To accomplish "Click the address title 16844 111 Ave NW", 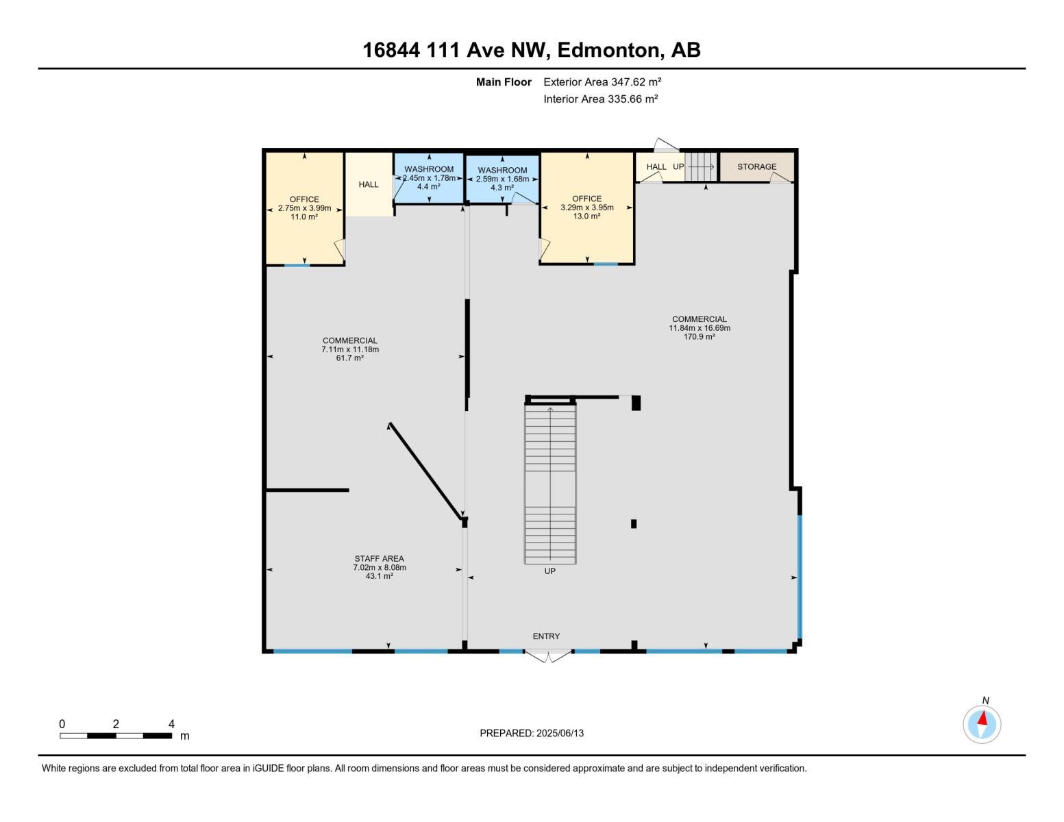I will (x=531, y=50).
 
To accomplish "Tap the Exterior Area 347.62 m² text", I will (x=602, y=82).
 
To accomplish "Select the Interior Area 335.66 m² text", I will (x=600, y=99).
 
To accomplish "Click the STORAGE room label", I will (x=756, y=166).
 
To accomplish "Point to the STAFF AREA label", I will (x=379, y=558).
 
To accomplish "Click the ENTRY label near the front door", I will (x=546, y=636).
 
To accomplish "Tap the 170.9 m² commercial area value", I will (x=699, y=336).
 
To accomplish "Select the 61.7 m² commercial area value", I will (x=349, y=358).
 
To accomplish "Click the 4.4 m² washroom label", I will (x=428, y=186).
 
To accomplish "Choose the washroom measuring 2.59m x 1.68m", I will (x=502, y=179).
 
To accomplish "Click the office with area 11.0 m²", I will (x=304, y=208).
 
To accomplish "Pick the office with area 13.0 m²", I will (x=586, y=208).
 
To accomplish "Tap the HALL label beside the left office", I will (x=368, y=184).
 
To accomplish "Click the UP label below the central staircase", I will (x=549, y=571).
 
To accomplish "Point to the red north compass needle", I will (x=983, y=719).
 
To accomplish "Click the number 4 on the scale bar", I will (x=171, y=724).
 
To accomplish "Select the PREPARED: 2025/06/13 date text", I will (x=532, y=733).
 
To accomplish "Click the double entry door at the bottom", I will (x=547, y=656).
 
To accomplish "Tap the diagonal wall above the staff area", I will (x=425, y=471).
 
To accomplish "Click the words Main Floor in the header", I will (x=504, y=82).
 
